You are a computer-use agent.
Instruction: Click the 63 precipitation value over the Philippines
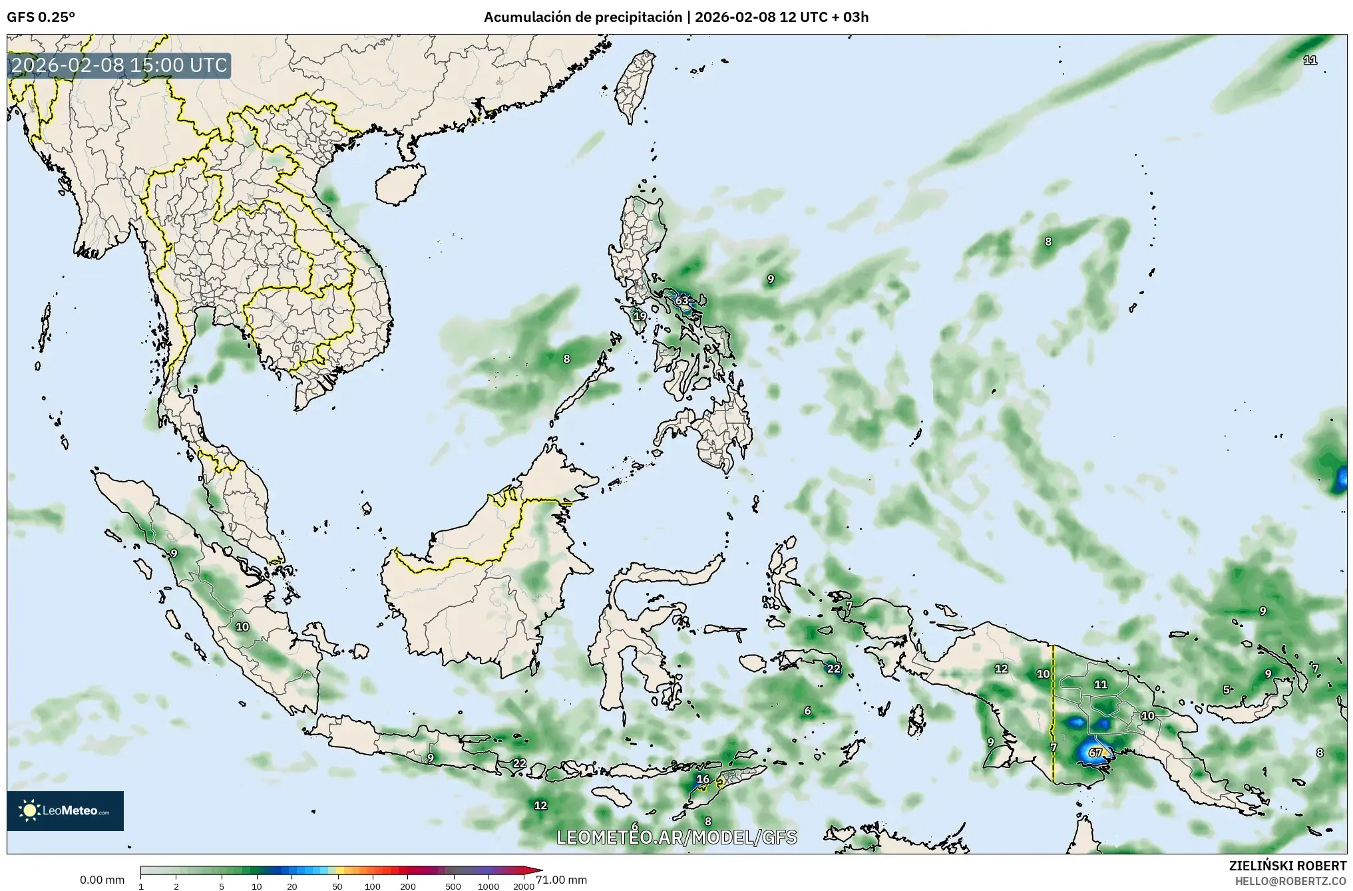point(681,301)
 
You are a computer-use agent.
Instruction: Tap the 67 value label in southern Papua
point(1095,753)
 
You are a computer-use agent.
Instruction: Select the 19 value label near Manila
point(640,316)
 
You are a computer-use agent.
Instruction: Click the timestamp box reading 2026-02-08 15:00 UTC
point(120,66)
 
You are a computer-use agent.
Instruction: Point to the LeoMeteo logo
point(65,810)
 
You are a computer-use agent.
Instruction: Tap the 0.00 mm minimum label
point(102,880)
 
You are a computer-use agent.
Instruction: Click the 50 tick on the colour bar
point(337,886)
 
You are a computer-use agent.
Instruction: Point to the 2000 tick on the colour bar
point(524,886)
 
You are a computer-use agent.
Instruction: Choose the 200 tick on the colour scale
point(408,886)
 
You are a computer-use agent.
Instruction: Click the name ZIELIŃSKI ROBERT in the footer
point(1287,866)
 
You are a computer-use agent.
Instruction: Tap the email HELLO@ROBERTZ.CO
point(1290,880)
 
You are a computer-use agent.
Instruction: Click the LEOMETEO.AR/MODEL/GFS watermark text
point(676,837)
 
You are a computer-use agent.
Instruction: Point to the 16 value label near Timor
point(703,779)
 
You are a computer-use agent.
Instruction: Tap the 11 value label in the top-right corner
point(1310,60)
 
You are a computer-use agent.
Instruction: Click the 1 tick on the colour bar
point(141,886)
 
